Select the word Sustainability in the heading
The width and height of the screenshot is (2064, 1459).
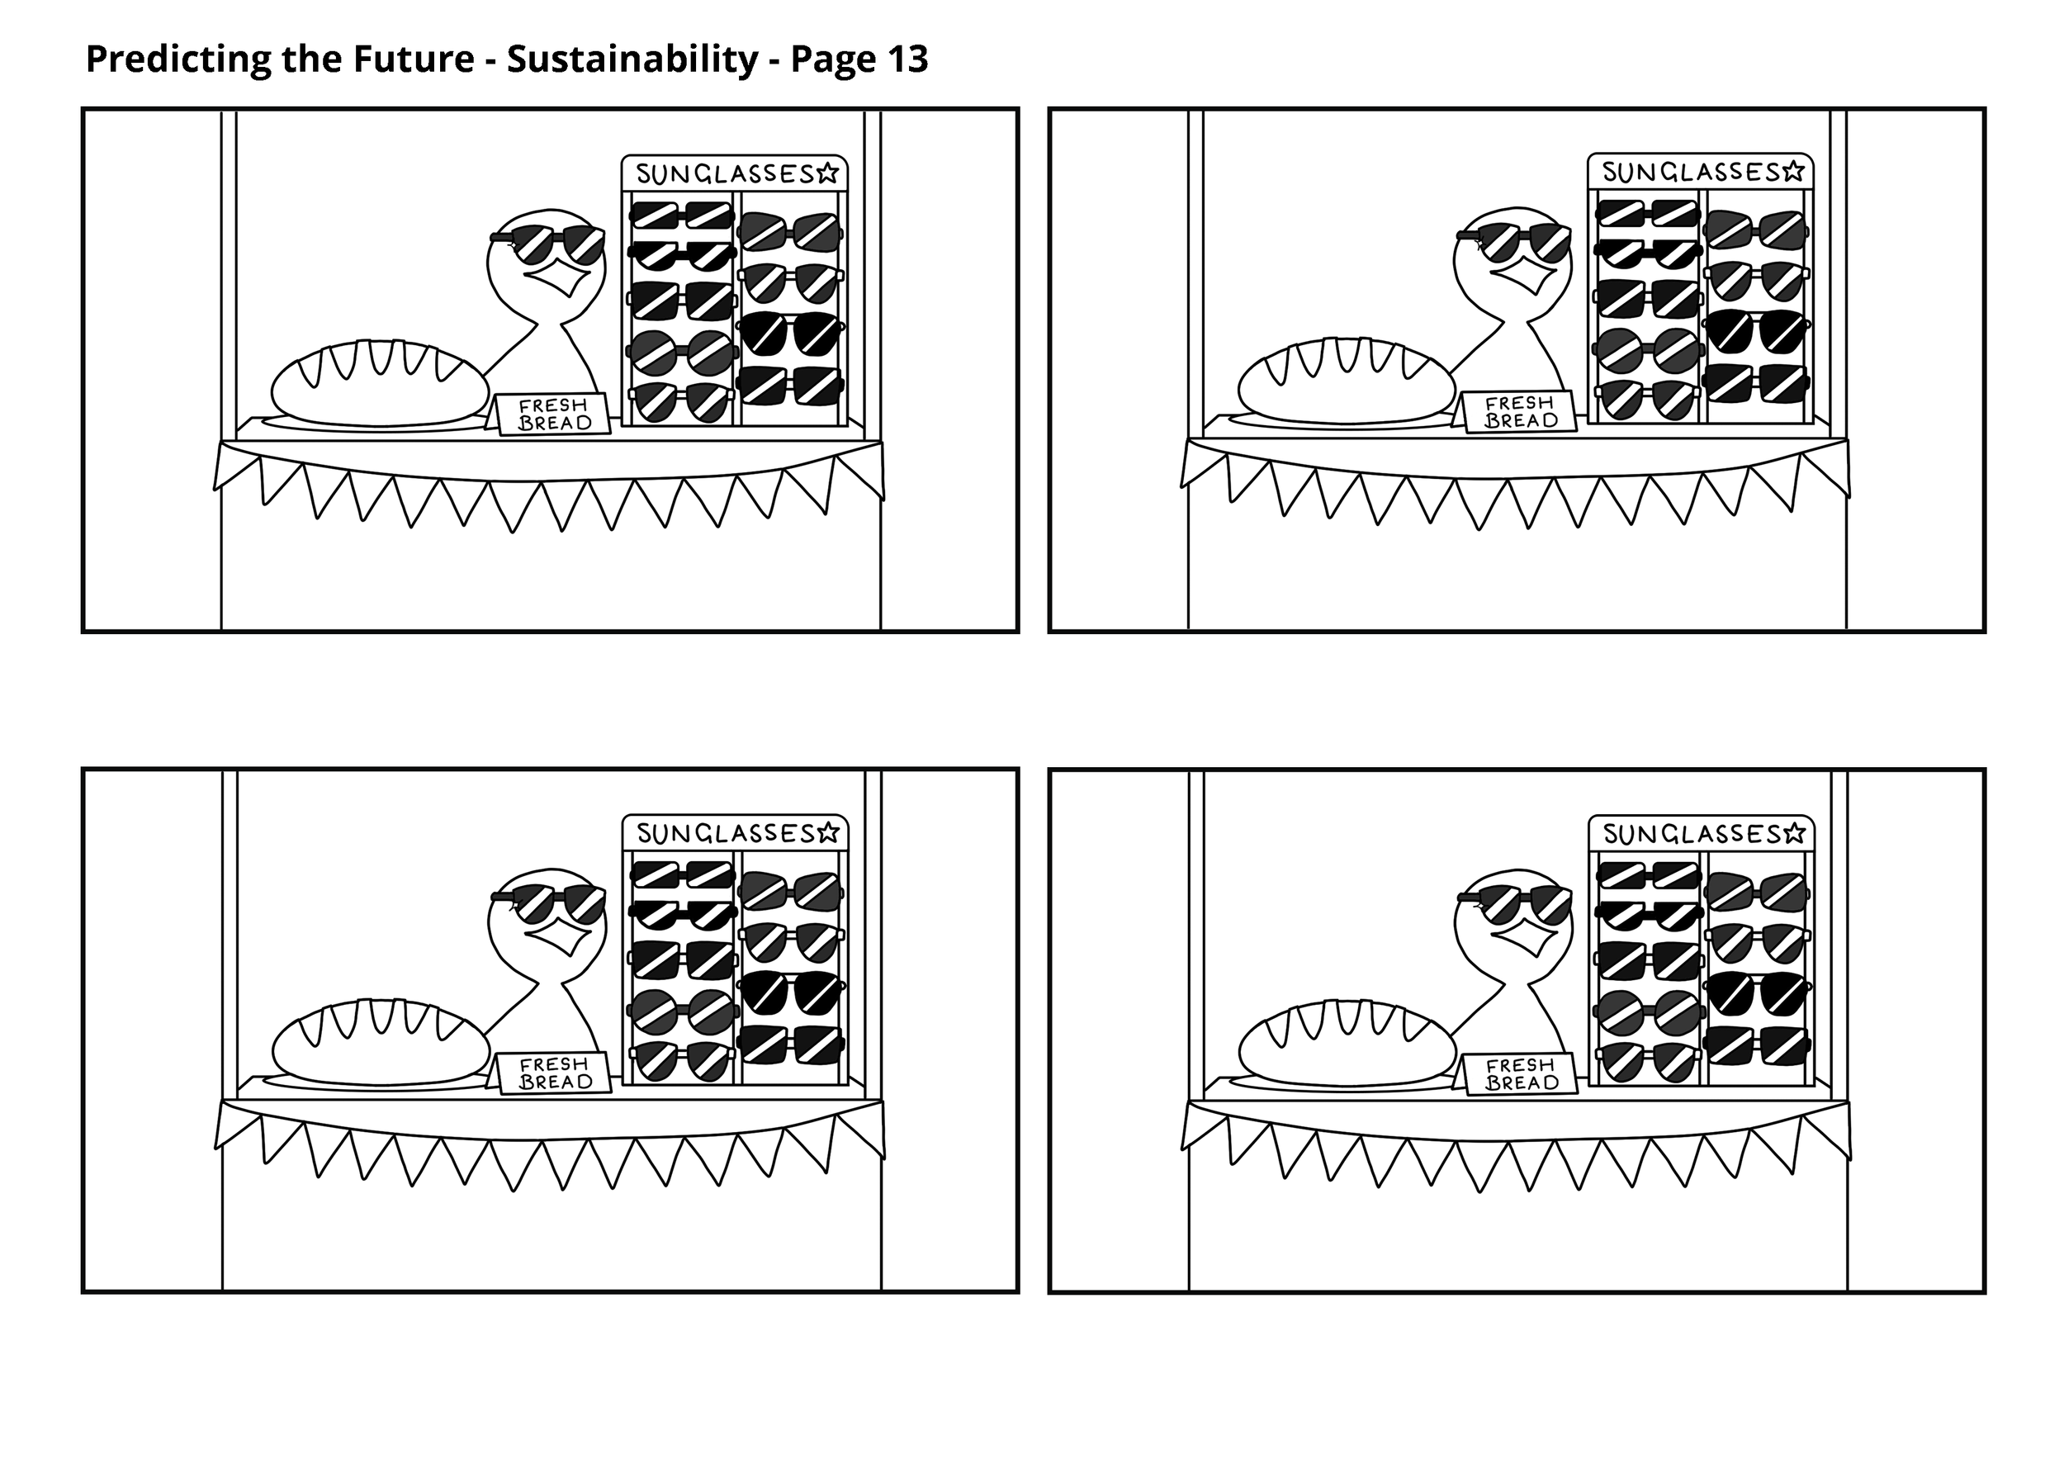(632, 60)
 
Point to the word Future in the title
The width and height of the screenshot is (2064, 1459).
(413, 60)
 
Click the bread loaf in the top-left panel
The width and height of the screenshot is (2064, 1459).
(381, 382)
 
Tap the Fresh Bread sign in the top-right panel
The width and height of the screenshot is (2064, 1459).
(1519, 412)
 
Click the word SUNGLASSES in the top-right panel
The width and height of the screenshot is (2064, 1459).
(1690, 172)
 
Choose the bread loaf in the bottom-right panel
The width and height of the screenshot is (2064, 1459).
(1346, 1042)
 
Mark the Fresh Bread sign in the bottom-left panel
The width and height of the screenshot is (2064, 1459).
(555, 1073)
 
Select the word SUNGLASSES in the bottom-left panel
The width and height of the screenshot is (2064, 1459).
(725, 833)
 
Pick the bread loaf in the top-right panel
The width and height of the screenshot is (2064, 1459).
(1346, 381)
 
